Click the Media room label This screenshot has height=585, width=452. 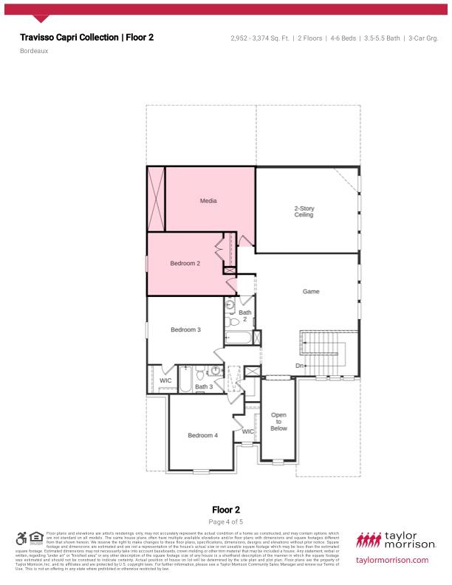208,200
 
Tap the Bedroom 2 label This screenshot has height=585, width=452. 185,263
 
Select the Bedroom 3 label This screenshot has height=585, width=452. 185,329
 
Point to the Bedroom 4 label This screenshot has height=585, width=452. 202,435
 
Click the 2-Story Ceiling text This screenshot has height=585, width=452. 304,211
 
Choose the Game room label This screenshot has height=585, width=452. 311,292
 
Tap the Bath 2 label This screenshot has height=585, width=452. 245,315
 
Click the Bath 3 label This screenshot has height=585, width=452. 204,386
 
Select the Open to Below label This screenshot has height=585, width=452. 278,421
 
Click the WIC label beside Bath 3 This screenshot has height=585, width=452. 165,380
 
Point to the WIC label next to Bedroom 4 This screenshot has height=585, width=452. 248,431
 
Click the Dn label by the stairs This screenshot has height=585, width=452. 300,366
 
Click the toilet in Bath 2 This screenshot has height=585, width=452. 233,321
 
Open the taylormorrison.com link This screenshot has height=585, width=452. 391,560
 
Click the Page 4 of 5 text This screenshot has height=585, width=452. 226,522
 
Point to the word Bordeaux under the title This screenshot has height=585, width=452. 34,52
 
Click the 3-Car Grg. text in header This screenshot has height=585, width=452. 423,38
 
